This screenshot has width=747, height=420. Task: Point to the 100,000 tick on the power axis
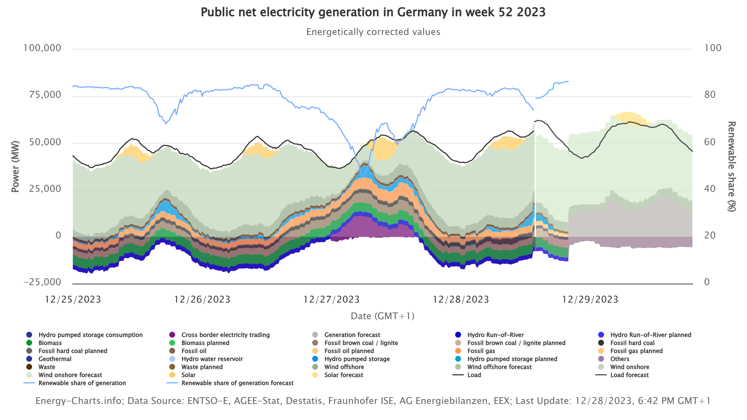[42, 48]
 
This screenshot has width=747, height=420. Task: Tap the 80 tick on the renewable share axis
[710, 94]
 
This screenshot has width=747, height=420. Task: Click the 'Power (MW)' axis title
[15, 166]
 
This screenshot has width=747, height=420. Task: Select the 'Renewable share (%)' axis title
[732, 166]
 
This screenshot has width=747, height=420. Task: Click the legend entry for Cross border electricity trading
[225, 335]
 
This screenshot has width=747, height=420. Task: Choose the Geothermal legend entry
[55, 359]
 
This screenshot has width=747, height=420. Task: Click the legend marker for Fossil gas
[458, 351]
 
